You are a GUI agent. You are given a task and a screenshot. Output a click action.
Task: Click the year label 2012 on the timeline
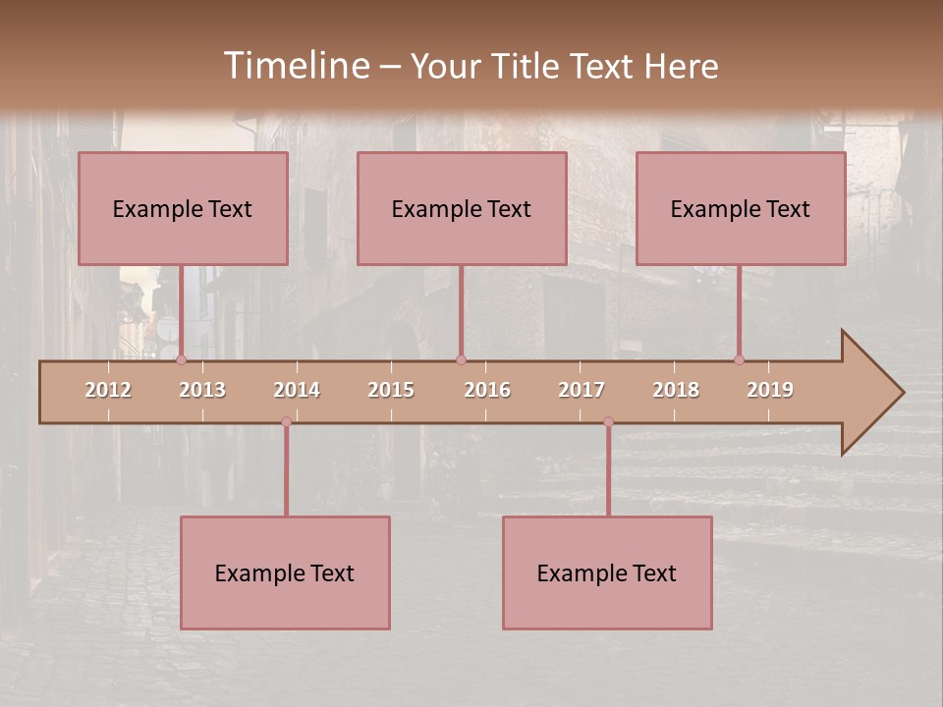[108, 390]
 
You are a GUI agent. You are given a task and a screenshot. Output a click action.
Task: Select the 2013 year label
[202, 390]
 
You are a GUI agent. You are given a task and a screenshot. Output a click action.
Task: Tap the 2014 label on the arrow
[297, 390]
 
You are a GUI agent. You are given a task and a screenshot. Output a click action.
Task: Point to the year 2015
[391, 390]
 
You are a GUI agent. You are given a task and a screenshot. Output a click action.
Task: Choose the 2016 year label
[487, 390]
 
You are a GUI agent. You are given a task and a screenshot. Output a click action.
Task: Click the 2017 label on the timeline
[582, 390]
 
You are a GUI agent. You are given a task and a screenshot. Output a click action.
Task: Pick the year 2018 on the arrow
[676, 390]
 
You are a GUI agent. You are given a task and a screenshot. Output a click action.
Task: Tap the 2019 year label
[770, 390]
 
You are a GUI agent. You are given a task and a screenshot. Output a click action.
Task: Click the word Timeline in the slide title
[296, 66]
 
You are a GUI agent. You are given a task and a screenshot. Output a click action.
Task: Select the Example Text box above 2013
[183, 209]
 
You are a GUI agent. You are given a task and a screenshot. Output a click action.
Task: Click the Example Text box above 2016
[462, 209]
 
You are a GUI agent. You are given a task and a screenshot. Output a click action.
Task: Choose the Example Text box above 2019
[741, 209]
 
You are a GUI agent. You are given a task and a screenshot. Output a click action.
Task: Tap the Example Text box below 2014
[285, 573]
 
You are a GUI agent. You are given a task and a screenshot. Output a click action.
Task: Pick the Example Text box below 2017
[607, 573]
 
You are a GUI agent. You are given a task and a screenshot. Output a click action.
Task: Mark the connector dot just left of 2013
[181, 360]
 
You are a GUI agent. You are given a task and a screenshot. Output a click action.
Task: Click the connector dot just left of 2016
[461, 360]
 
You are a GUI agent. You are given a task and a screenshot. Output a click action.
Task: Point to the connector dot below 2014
[286, 421]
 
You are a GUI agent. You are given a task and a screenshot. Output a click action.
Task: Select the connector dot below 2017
[608, 421]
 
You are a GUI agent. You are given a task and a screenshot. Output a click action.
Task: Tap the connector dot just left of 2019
[740, 360]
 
